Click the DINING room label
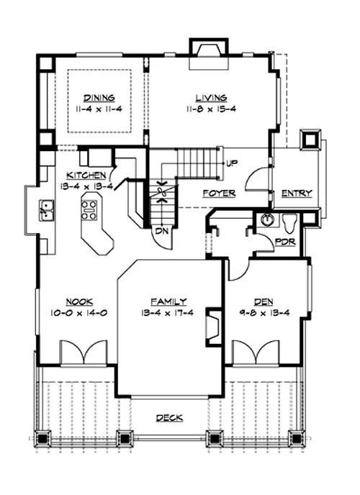99,98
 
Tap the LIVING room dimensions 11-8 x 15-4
211,109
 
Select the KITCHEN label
86,176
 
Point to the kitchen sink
46,210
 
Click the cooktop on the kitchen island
89,210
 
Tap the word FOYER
219,194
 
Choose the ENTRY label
297,194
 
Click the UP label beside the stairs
232,163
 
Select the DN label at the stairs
163,231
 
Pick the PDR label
285,242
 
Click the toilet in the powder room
289,222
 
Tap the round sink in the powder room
267,219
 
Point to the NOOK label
79,301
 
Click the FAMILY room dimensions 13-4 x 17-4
167,313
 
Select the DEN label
264,301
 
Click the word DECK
170,418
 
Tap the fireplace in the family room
214,326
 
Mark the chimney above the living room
208,54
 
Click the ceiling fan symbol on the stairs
162,191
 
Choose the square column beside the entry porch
311,138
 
